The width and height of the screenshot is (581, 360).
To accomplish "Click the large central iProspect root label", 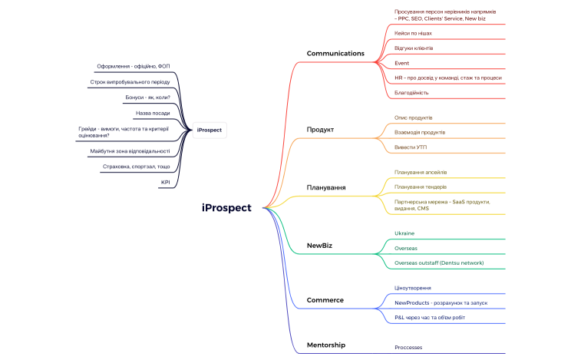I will coord(226,207).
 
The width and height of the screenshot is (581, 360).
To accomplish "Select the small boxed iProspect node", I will coord(209,130).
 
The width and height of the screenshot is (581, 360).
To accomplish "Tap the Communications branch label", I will coord(335,53).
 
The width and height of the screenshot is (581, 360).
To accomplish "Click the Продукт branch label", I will coord(320,129).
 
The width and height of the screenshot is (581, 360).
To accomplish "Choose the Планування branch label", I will coord(325,187).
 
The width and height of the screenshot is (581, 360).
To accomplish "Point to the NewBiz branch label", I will coord(319,246).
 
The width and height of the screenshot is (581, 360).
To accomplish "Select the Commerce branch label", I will coord(325,299).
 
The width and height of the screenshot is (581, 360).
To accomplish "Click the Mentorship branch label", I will coord(325,345).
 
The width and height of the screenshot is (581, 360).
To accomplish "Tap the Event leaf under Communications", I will coord(401,62).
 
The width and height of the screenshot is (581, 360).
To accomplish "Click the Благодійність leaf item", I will coord(411,92).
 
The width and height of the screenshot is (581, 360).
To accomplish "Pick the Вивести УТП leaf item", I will coord(411,147).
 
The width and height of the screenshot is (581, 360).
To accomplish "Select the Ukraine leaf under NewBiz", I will coord(404,233).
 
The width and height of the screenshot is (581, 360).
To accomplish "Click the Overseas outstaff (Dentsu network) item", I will coord(439,263).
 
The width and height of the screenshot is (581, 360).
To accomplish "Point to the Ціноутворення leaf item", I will coord(412,288).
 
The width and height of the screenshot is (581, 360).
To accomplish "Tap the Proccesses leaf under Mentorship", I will coord(408,347).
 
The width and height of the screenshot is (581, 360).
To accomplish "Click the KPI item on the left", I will coord(165,182).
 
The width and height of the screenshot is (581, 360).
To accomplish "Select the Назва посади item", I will coord(153,113).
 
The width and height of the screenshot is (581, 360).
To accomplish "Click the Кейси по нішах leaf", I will coord(413,33).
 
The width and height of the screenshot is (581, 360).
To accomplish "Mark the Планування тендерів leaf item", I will coord(420,187).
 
